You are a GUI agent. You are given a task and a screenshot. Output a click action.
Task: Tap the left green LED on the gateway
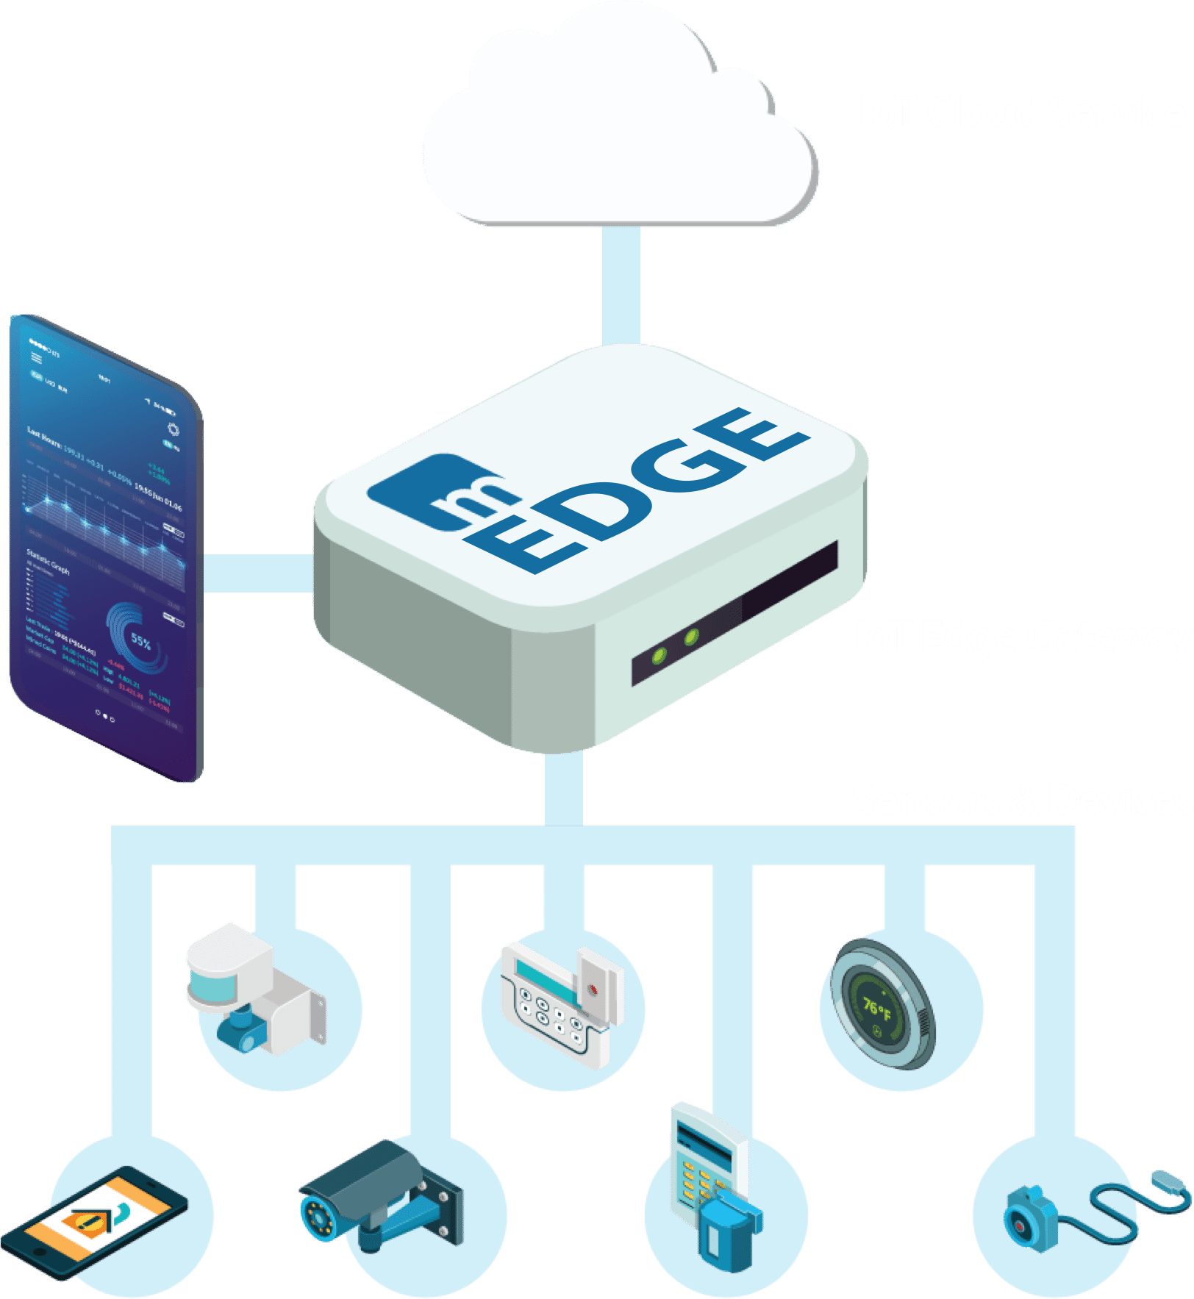(660, 654)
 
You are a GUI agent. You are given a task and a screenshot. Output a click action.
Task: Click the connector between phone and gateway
(257, 573)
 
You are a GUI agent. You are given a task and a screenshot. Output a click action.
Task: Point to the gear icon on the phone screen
(174, 429)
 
